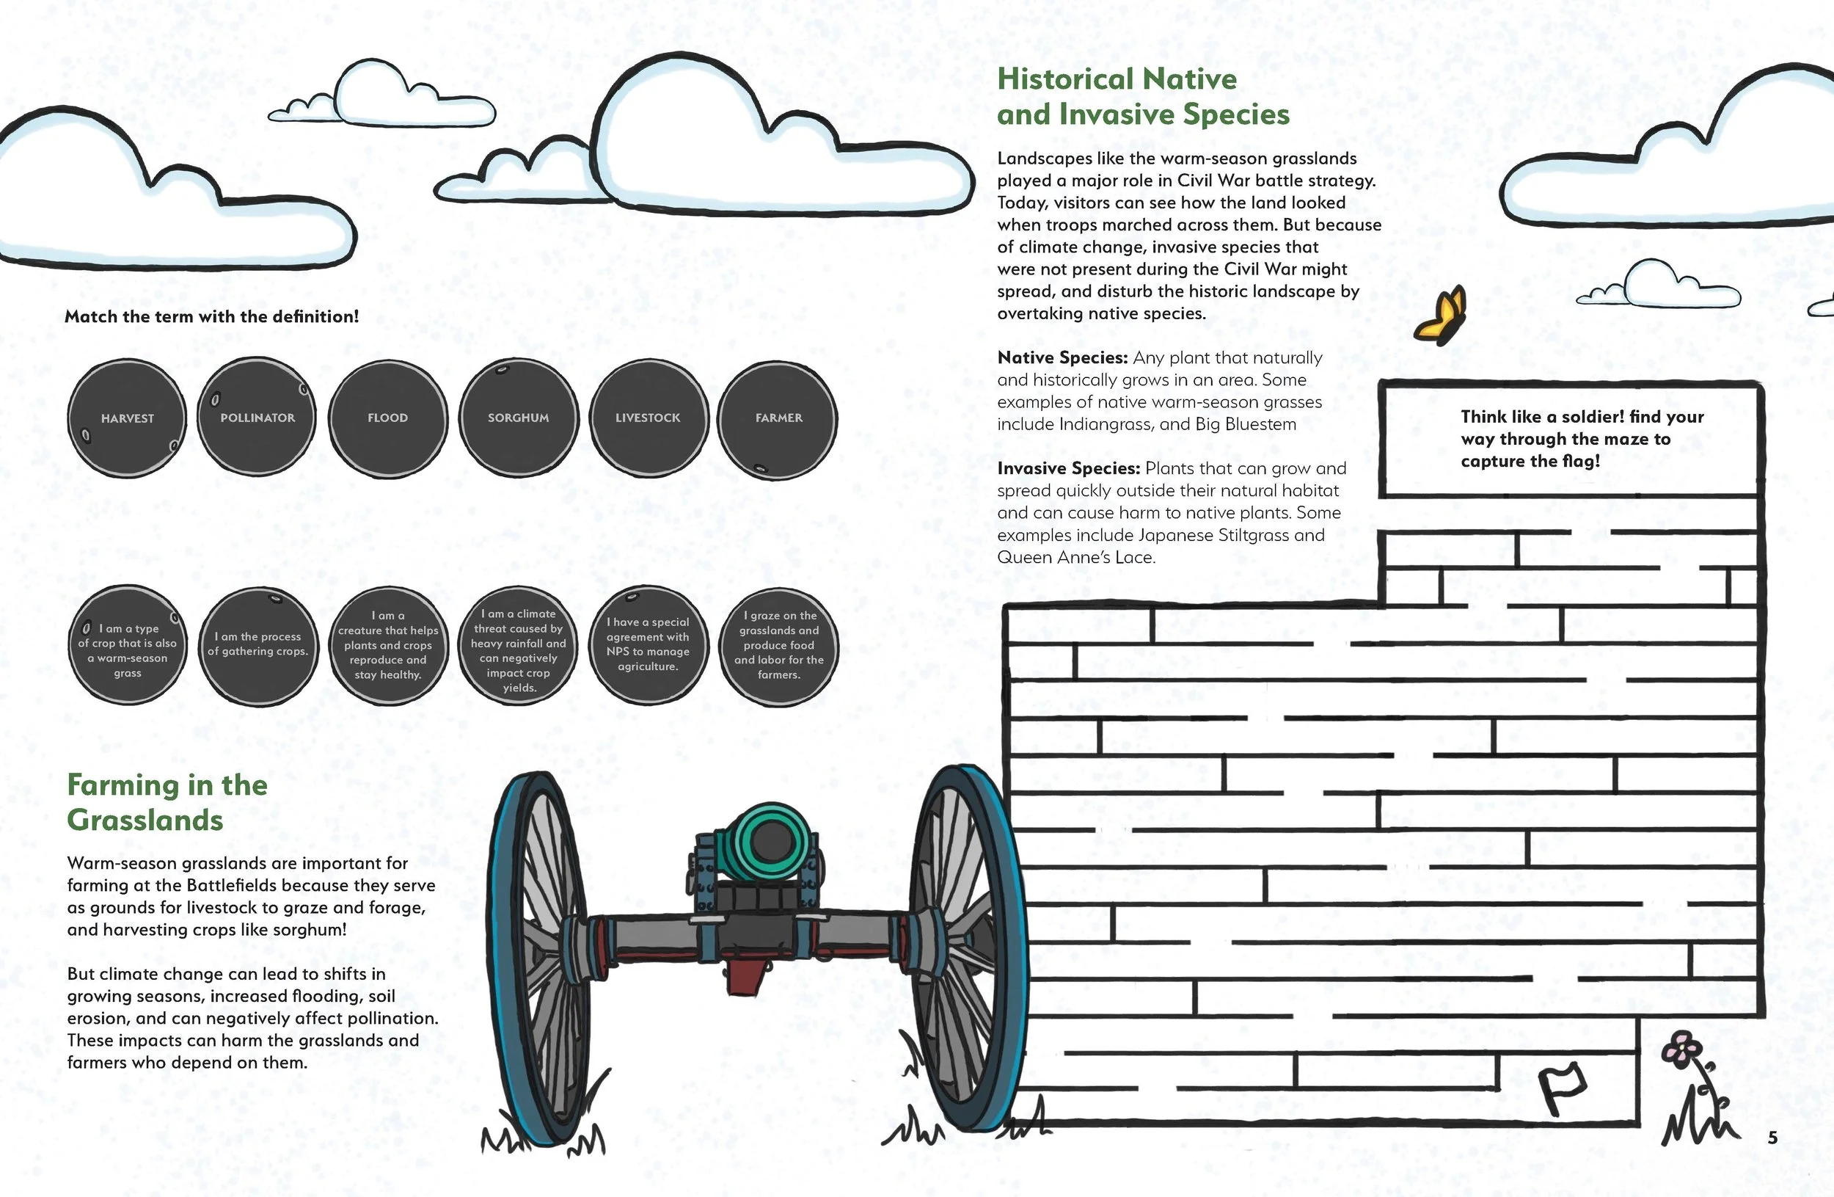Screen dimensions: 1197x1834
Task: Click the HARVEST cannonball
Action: point(127,418)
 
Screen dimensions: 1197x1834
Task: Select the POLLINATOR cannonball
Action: point(257,417)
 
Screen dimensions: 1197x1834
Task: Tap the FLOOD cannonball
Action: point(387,417)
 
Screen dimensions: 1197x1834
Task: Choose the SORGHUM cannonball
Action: point(518,417)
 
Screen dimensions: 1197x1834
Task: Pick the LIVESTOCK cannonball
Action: point(648,417)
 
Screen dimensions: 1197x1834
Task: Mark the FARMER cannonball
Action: point(778,417)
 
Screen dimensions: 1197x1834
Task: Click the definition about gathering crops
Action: point(257,645)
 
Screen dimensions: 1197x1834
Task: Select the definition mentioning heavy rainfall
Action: point(518,645)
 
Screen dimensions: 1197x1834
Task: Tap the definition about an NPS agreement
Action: point(648,645)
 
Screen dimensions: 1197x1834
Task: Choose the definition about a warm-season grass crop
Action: point(127,645)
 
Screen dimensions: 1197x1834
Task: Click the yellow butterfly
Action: point(1440,316)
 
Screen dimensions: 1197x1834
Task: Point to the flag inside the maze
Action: point(1561,1087)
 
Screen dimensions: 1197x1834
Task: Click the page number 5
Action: point(1772,1138)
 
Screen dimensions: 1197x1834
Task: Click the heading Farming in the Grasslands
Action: point(167,802)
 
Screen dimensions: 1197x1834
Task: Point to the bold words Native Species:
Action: point(1062,357)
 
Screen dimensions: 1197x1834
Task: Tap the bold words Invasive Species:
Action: point(1068,469)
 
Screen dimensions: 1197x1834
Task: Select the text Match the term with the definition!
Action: point(212,316)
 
